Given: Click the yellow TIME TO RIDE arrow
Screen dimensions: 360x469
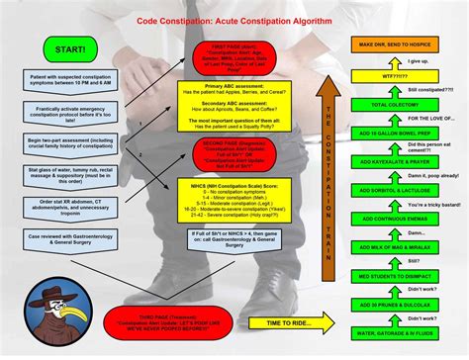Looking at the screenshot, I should coord(287,322).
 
